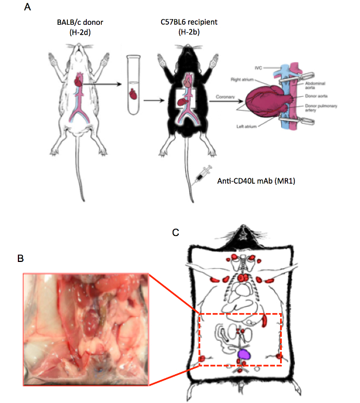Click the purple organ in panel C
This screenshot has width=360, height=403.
[x=246, y=355]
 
